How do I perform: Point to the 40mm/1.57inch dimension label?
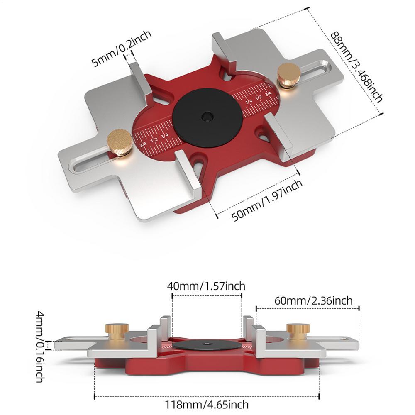pos(206,286)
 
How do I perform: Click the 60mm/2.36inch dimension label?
pos(313,300)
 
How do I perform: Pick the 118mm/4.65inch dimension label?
pos(206,403)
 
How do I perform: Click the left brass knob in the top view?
pos(120,142)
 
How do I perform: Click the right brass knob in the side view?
pos(296,331)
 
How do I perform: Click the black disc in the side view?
pos(206,345)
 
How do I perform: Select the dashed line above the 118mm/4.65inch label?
pos(206,395)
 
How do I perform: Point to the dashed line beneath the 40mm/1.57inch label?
pos(206,295)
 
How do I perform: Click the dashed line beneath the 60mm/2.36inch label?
pos(307,308)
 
